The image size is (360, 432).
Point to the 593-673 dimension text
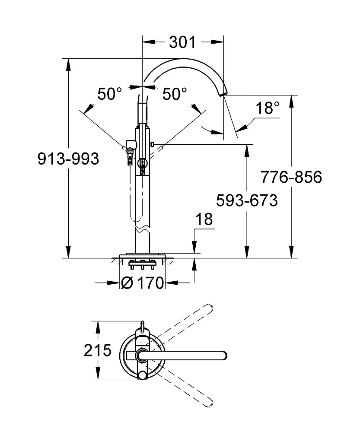coord(246,200)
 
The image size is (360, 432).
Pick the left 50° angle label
coord(109,94)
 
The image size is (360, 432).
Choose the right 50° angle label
coord(175,94)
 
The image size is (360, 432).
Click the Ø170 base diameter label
coord(143,283)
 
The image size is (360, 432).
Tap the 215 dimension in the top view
coord(98,350)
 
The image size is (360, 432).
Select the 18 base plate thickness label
coord(204,219)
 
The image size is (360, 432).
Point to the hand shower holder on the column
coord(130,145)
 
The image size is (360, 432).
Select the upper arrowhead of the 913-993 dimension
coord(68,64)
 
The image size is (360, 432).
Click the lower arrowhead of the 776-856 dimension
coord(292,253)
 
